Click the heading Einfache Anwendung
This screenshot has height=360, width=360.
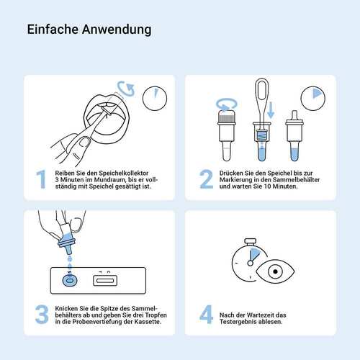point(89,30)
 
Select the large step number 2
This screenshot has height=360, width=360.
point(206,179)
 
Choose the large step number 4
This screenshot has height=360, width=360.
point(206,315)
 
